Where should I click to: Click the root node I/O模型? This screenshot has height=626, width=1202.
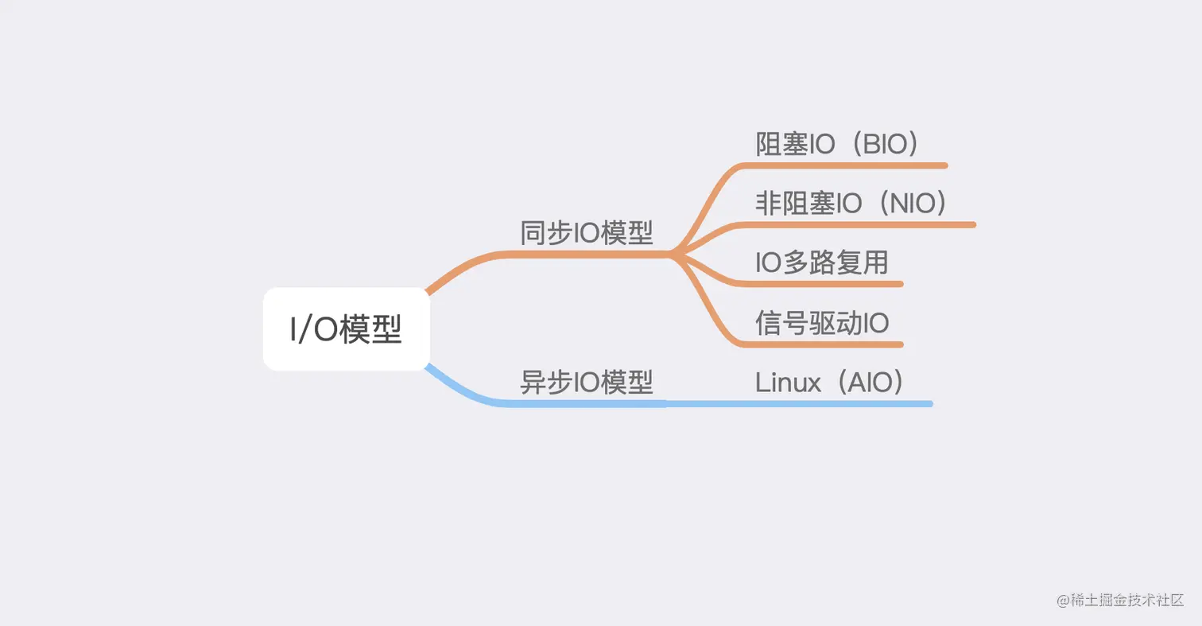click(x=346, y=329)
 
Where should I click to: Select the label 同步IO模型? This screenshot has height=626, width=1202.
click(x=587, y=233)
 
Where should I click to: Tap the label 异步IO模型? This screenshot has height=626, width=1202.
click(x=587, y=383)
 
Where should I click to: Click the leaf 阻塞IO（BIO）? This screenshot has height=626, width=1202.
click(x=837, y=144)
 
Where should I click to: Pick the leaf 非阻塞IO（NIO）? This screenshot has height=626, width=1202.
click(x=851, y=203)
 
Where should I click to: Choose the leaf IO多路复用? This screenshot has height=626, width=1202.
click(x=821, y=262)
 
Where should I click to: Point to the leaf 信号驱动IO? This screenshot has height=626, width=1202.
click(x=822, y=323)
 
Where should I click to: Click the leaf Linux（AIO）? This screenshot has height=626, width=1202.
click(x=830, y=383)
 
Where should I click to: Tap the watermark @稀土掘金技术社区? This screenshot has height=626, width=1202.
click(x=1120, y=600)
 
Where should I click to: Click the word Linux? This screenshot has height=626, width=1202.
click(x=788, y=383)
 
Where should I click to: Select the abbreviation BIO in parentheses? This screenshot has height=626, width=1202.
click(x=886, y=144)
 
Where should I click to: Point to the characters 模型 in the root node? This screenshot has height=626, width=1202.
click(x=370, y=329)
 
